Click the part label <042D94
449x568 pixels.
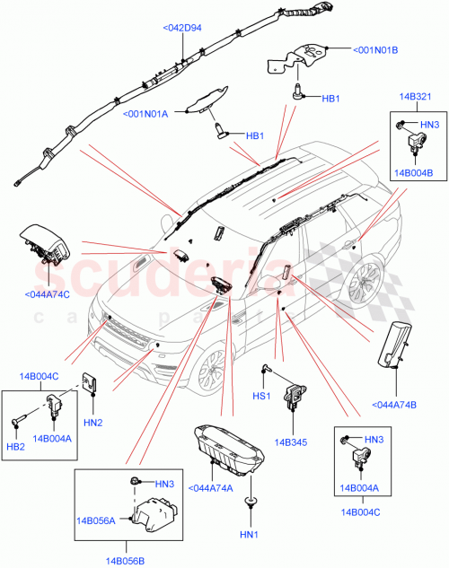tap(182, 28)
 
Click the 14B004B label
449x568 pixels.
tap(414, 172)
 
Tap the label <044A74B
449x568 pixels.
tap(393, 406)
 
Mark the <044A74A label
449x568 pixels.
tap(212, 488)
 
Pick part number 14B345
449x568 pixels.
tap(291, 442)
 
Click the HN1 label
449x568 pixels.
tap(249, 537)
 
